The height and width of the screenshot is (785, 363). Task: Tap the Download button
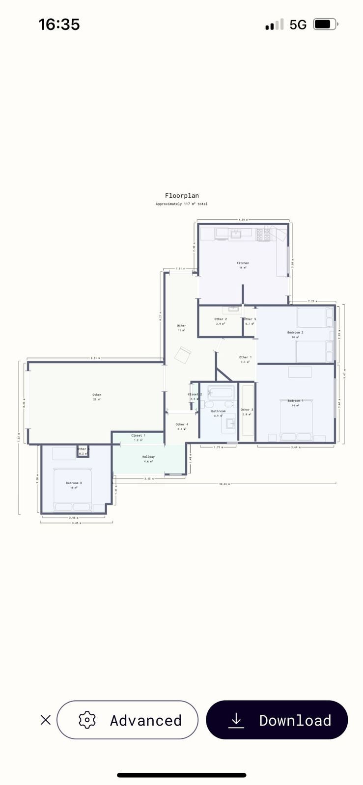(277, 720)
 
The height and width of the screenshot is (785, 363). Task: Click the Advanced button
(127, 720)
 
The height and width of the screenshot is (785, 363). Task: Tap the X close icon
(45, 720)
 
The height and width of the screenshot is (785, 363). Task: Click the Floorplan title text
(182, 195)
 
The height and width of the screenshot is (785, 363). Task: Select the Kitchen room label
(243, 263)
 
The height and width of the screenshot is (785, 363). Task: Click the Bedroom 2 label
(295, 332)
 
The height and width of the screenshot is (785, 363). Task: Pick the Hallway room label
(148, 456)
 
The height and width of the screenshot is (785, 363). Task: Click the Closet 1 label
(138, 435)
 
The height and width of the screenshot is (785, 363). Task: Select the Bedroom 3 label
(74, 483)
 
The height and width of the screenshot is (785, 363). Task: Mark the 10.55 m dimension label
(224, 484)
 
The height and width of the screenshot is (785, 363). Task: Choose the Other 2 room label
(220, 319)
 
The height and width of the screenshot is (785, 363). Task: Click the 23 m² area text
(97, 399)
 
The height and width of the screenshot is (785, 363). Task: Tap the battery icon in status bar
(325, 24)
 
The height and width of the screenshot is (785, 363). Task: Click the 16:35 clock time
(59, 24)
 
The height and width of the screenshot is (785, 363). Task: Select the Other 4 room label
(182, 424)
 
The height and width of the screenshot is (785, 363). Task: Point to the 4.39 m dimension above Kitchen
(243, 220)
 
